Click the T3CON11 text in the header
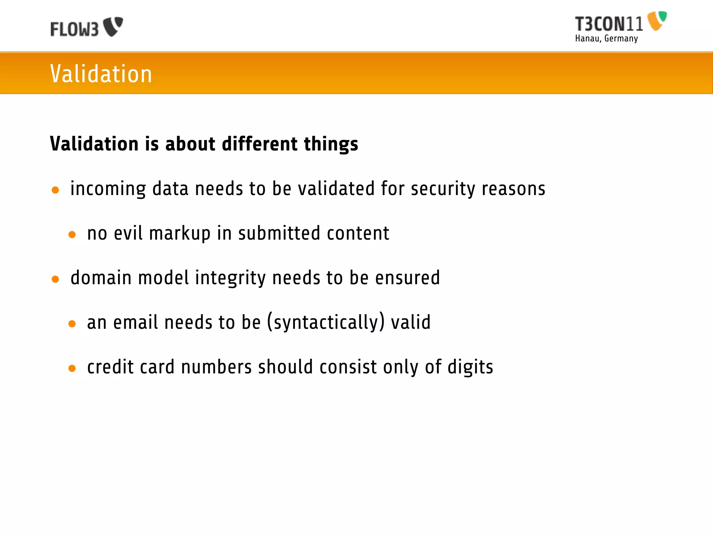(609, 24)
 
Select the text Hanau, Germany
(606, 38)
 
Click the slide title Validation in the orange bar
(101, 74)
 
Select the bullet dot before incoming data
(55, 190)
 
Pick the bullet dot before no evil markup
(72, 235)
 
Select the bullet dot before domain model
(55, 279)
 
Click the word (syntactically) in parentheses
(326, 322)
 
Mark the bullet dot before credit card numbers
(72, 369)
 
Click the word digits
(470, 367)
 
